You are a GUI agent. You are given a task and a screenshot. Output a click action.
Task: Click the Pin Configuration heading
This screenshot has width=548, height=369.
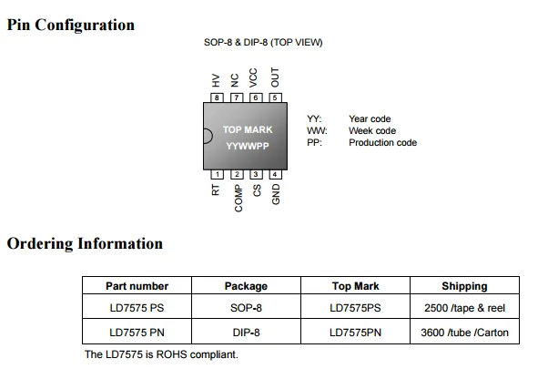coord(71,25)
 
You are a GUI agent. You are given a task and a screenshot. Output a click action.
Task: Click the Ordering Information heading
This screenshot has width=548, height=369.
coord(85,243)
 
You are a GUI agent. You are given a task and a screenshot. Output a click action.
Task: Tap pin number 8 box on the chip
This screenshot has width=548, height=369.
coord(217,97)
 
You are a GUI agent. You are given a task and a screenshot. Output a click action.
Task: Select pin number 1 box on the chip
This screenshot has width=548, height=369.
coord(217,174)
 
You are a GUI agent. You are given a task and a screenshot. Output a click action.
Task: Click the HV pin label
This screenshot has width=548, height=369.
coord(217,81)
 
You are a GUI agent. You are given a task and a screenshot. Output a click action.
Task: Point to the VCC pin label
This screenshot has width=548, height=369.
coord(255,77)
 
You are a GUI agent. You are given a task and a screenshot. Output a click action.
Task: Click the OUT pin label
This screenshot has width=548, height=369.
coord(275,77)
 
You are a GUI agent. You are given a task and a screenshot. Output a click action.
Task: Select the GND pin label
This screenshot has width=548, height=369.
coord(276,194)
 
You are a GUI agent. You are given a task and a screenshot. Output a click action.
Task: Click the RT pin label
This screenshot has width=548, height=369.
coord(217,190)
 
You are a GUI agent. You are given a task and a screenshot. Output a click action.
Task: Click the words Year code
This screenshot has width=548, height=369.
coord(370,119)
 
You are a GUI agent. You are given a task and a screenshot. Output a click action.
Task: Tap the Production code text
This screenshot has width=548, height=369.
coord(382,143)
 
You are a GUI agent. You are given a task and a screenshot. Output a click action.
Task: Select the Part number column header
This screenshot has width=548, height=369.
coord(137,286)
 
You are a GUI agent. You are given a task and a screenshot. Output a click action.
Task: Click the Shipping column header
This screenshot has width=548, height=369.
coord(464,286)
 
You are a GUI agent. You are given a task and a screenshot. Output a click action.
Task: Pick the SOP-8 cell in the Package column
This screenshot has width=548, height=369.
coord(246,308)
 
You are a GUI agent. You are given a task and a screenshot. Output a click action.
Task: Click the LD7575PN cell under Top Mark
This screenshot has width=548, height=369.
coord(355,332)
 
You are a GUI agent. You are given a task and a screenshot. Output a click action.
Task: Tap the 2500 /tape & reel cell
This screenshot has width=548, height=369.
coord(464,308)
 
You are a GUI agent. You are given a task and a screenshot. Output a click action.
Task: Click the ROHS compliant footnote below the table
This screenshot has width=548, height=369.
coord(161,354)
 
